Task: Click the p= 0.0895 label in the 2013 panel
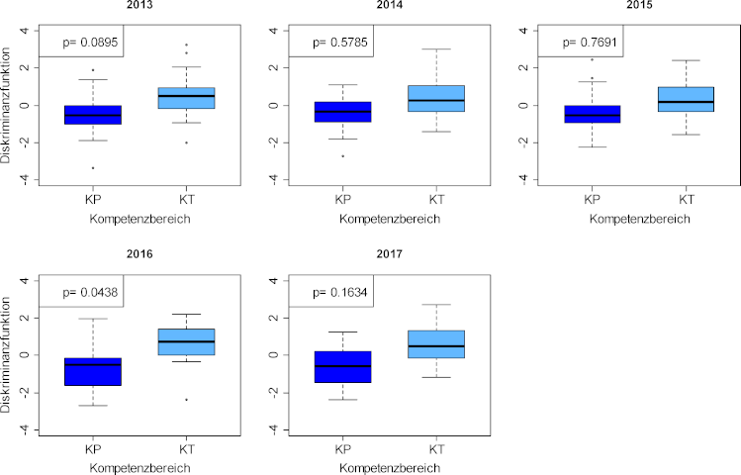(82, 43)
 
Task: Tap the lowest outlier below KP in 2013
(92, 167)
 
